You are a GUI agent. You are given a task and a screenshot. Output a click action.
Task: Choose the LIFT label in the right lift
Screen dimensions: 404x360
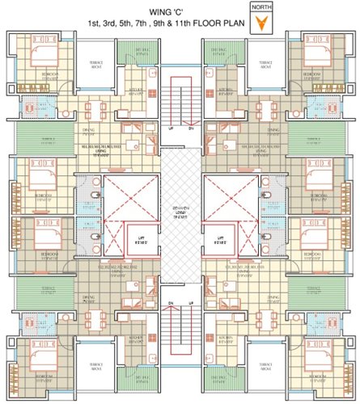coord(220,238)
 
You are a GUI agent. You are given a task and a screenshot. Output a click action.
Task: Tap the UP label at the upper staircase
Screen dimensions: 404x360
coord(170,128)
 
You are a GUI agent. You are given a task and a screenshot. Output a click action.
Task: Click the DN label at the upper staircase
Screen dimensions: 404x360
coord(191,128)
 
